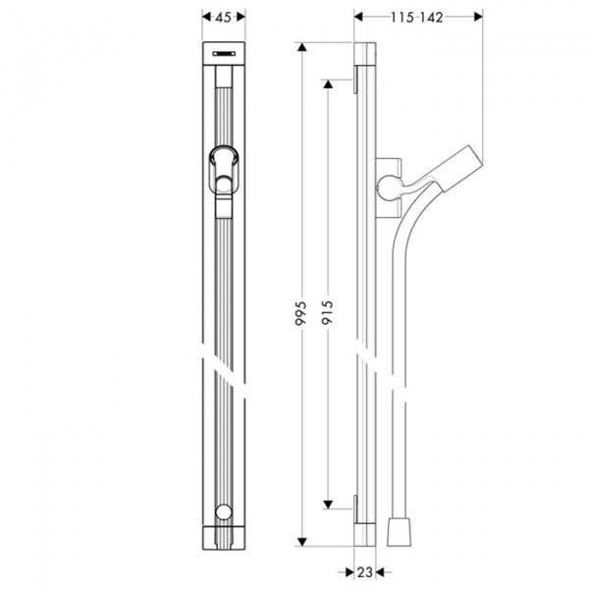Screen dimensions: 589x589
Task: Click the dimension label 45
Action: (x=223, y=17)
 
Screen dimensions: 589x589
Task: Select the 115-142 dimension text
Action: (x=417, y=17)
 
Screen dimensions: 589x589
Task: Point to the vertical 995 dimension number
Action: (x=302, y=313)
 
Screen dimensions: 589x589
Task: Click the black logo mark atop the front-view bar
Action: (x=225, y=55)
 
